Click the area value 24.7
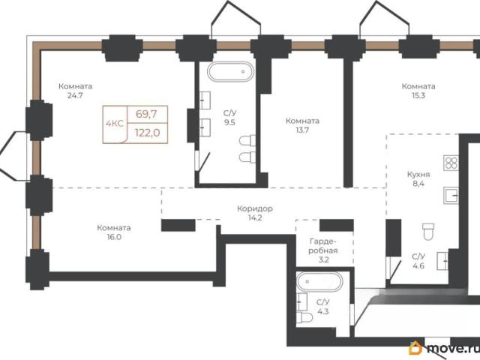pyautogui.click(x=75, y=95)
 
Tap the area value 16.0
pyautogui.click(x=114, y=237)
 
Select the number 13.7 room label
pyautogui.click(x=302, y=130)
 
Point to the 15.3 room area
pyautogui.click(x=418, y=95)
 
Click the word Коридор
pyautogui.click(x=255, y=208)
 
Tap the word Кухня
pyautogui.click(x=418, y=175)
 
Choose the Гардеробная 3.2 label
pyautogui.click(x=323, y=250)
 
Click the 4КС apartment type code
pyautogui.click(x=115, y=124)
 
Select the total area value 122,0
pyautogui.click(x=148, y=133)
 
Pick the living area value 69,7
pyautogui.click(x=146, y=114)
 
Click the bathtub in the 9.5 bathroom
pyautogui.click(x=230, y=72)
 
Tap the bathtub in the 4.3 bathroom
pyautogui.click(x=319, y=282)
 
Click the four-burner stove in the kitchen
pyautogui.click(x=451, y=163)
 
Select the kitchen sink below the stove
pyautogui.click(x=451, y=195)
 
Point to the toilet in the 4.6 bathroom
pyautogui.click(x=428, y=232)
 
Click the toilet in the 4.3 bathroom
pyautogui.click(x=304, y=317)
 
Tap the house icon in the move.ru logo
pyautogui.click(x=415, y=347)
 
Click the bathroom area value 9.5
pyautogui.click(x=229, y=122)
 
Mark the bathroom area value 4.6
pyautogui.click(x=418, y=265)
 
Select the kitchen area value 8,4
pyautogui.click(x=418, y=184)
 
